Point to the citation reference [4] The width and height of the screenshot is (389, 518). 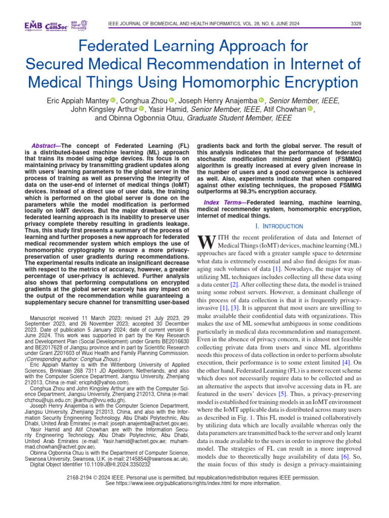pos(345,363)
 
